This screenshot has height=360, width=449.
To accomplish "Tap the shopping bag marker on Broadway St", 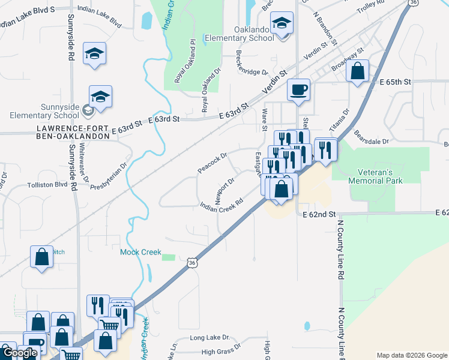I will click(357, 71).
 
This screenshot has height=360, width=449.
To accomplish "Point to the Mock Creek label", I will click(140, 252).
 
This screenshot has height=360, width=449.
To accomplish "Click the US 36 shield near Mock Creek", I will click(191, 263).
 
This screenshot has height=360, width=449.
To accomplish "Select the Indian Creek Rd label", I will click(224, 204).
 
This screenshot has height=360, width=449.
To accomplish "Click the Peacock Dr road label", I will click(212, 164).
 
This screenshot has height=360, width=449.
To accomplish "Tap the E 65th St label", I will click(394, 81).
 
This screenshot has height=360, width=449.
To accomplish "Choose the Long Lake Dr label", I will click(209, 338).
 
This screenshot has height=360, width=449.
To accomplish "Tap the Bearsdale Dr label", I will click(372, 137).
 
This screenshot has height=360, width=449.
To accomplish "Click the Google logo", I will click(20, 353).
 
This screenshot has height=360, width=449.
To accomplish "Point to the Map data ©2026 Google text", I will click(411, 355).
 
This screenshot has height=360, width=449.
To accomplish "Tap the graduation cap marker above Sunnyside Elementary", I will click(95, 53).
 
